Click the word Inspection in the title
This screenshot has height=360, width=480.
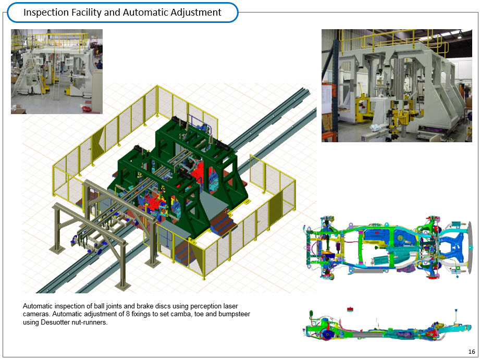pos(46,13)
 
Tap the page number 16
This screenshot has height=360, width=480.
pos(472,352)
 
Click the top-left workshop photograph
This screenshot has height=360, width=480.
pos(57,71)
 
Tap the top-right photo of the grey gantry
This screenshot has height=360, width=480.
pos(397,86)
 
